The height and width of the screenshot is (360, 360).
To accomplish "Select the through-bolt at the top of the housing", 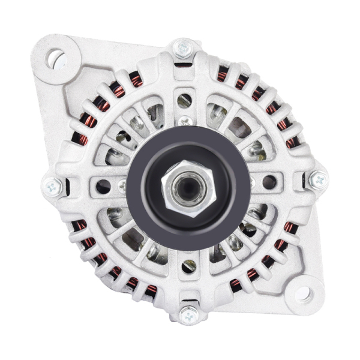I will [183, 48].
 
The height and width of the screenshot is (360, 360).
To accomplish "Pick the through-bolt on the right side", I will [318, 179].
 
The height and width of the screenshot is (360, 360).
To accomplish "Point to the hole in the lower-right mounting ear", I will [302, 293].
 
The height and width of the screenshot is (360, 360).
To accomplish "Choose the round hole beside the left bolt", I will [104, 186].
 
